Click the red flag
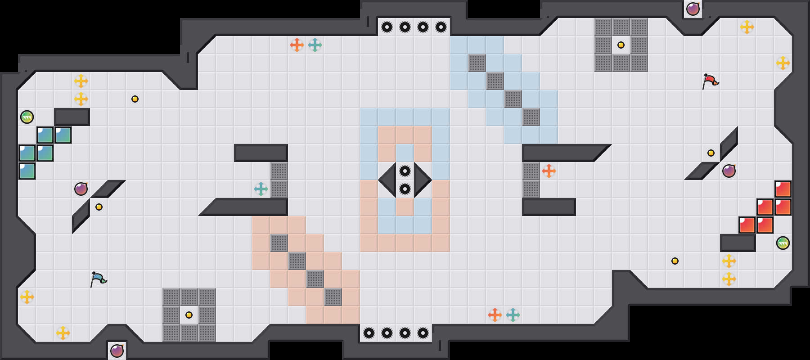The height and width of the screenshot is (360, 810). coord(710,81)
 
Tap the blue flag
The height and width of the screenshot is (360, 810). coord(98,279)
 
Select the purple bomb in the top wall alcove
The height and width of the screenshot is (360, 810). coord(693,9)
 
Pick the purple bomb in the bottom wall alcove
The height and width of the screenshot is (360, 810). coord(117,351)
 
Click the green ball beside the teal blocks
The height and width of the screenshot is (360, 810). coord(27,117)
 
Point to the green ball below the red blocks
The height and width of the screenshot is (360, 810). coord(783,243)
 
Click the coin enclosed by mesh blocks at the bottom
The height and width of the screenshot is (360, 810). coord(189,315)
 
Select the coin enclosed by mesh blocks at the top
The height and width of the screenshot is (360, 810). coord(621,45)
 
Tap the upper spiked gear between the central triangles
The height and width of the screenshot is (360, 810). coord(405,171)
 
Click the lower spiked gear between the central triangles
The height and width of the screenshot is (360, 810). coord(405,189)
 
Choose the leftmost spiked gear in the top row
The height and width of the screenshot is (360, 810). coord(387,27)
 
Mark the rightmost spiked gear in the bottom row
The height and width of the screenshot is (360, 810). coord(423,333)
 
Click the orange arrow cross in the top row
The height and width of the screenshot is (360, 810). coord(297,45)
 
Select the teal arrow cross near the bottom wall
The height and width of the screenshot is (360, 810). coord(513,315)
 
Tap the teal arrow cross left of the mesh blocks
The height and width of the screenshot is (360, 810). coord(261,189)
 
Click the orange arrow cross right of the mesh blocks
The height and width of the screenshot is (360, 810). coord(549,171)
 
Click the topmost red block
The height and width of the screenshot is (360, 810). coord(783,189)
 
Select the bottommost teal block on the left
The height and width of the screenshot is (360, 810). coord(27,171)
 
